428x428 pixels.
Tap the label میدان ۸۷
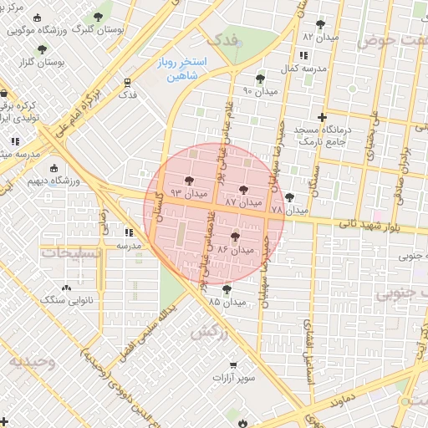tap(244, 202)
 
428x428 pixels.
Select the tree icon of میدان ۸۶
tap(235, 237)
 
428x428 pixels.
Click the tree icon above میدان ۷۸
tap(289, 197)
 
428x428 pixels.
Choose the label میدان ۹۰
tap(258, 90)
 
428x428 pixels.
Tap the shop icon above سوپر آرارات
tap(232, 365)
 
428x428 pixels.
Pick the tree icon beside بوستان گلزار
tap(41, 49)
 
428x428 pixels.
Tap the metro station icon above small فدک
tap(127, 82)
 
